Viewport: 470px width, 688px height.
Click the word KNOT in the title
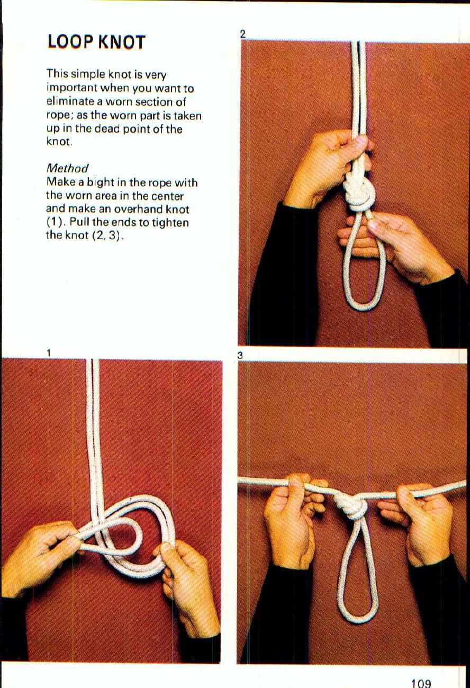point(121,42)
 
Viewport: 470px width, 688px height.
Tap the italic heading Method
point(67,168)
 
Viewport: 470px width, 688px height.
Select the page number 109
point(421,683)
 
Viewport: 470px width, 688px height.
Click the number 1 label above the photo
point(48,352)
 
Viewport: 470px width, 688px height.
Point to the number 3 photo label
point(240,356)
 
